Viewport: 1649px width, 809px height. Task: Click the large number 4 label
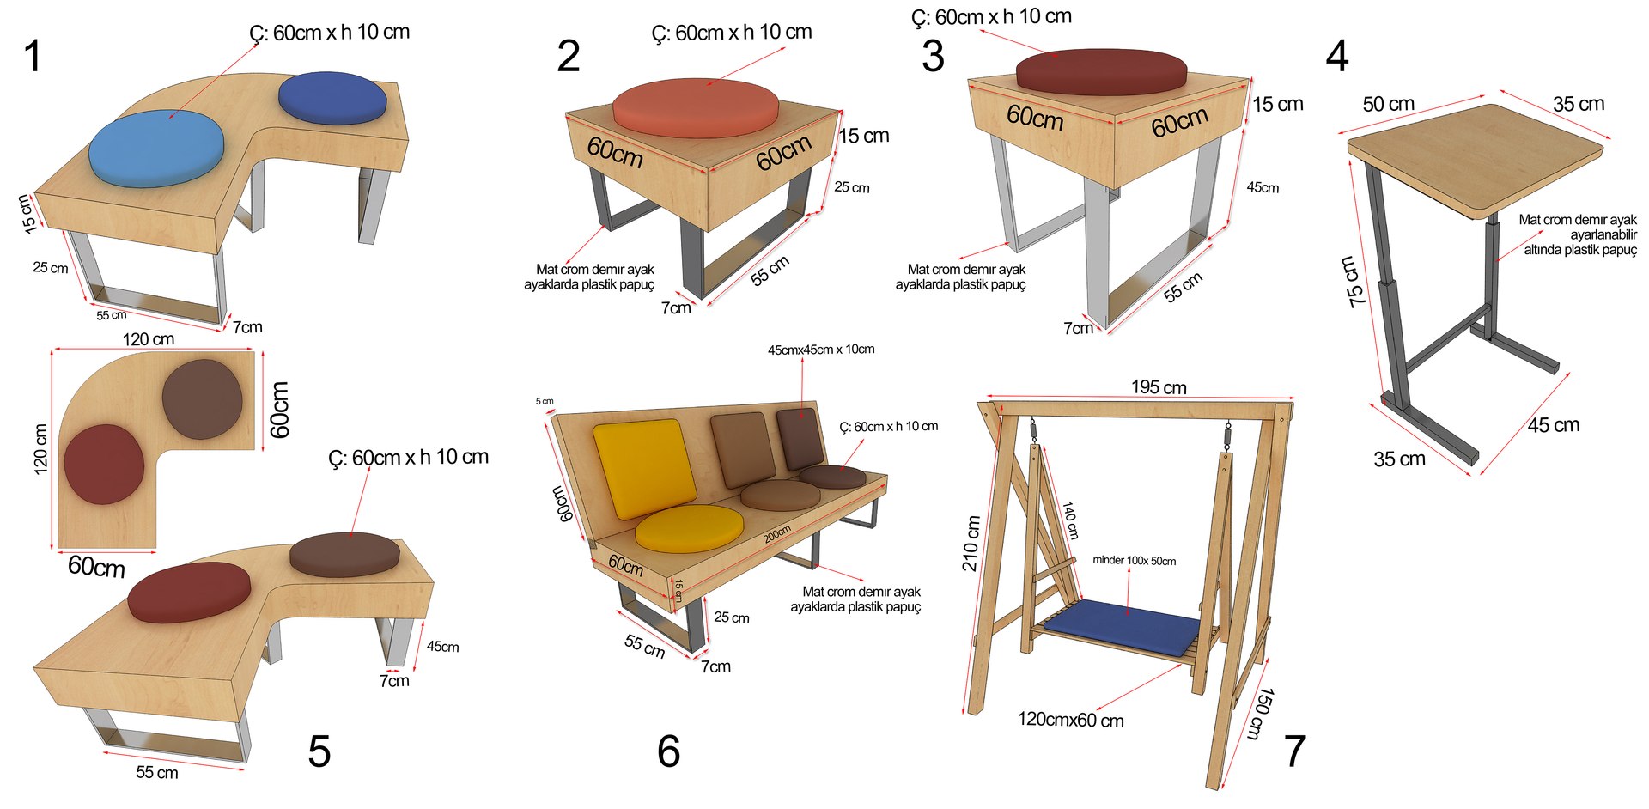(x=1337, y=57)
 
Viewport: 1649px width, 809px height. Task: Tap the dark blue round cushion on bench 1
(x=332, y=98)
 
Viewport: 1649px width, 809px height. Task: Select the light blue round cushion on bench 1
(x=156, y=149)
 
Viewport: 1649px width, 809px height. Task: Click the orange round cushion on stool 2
(x=696, y=106)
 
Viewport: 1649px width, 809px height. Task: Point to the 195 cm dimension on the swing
(x=1159, y=387)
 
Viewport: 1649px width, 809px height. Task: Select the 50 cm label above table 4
(x=1388, y=104)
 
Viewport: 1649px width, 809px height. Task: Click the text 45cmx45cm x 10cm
(x=821, y=350)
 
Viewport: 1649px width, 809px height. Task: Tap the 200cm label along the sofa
(x=777, y=534)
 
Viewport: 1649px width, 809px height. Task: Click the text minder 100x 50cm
(x=1134, y=561)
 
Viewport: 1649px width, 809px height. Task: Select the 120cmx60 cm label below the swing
(x=1070, y=720)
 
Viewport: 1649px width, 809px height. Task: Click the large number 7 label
(x=1294, y=751)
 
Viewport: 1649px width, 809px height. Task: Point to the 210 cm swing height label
(x=971, y=544)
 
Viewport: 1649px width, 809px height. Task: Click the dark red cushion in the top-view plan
(x=104, y=464)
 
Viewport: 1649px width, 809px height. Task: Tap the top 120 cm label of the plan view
(x=148, y=339)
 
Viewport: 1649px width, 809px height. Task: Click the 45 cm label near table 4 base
(x=1553, y=425)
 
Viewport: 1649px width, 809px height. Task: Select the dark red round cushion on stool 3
(x=1101, y=71)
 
